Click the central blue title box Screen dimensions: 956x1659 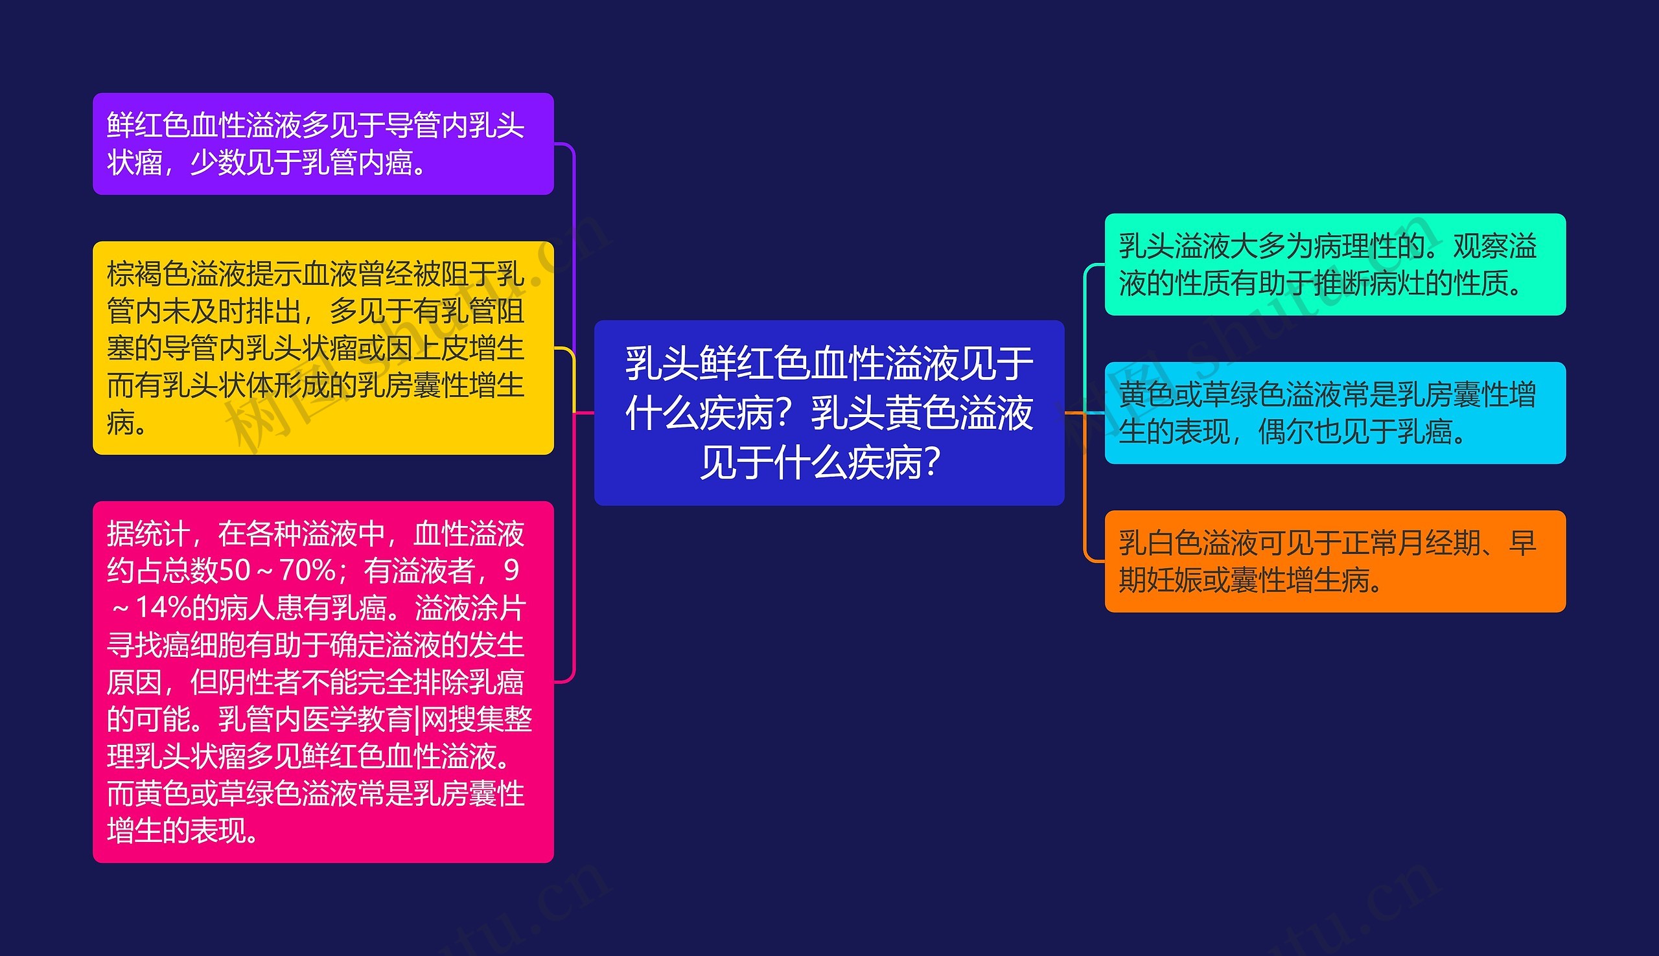[x=829, y=413]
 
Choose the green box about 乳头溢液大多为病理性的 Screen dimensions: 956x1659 [x=1334, y=265]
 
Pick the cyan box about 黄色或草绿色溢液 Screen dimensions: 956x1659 [x=1334, y=413]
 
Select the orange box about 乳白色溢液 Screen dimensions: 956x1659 [x=1334, y=561]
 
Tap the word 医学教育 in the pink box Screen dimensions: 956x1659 [x=357, y=720]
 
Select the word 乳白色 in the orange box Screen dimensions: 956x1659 [x=1161, y=543]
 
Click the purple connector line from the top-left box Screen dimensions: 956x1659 [x=574, y=249]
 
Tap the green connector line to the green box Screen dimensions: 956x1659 [x=1084, y=328]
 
